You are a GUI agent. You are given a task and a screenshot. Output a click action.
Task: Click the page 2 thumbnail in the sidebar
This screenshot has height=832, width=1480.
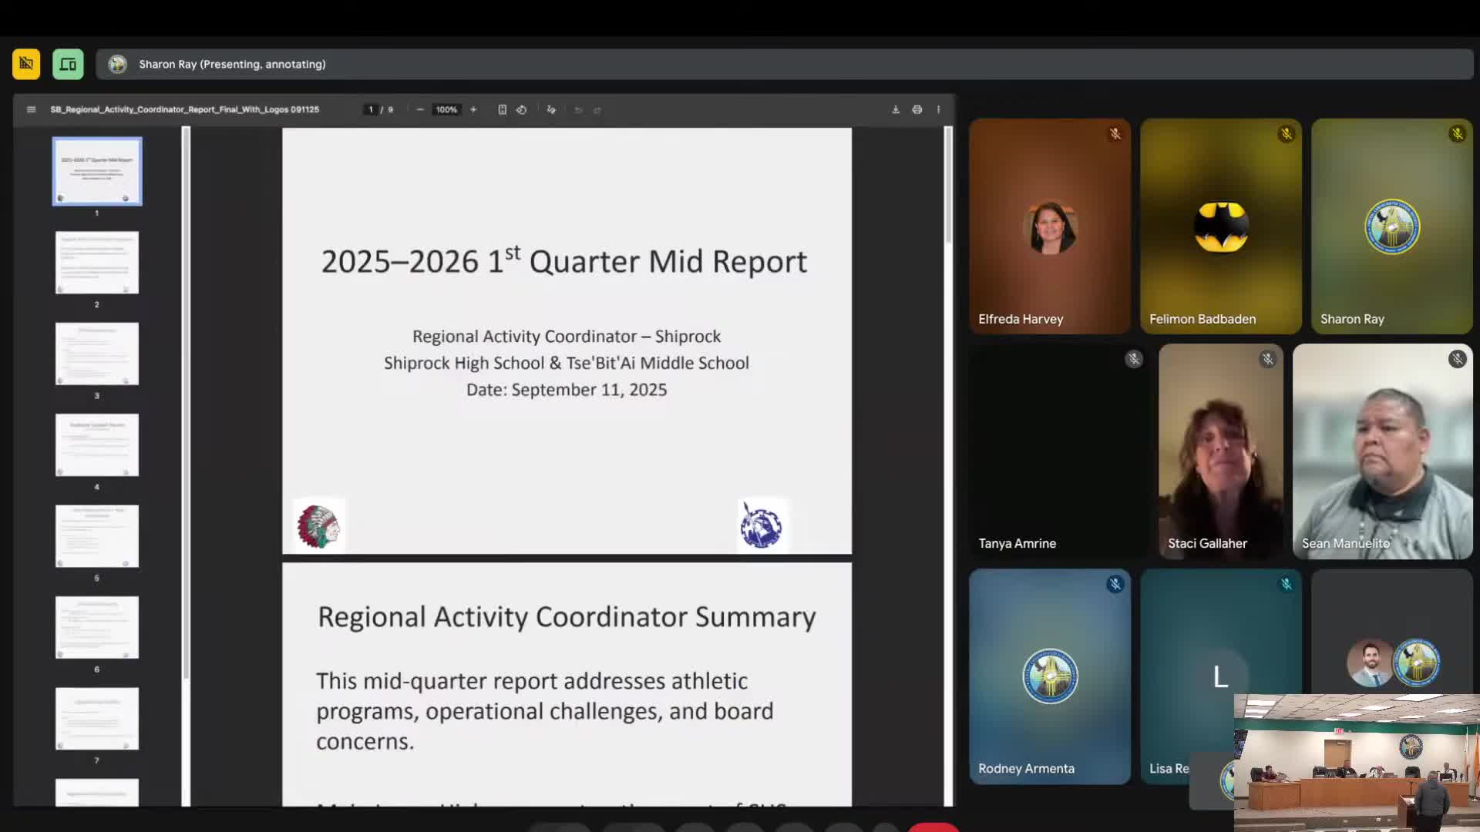tap(97, 263)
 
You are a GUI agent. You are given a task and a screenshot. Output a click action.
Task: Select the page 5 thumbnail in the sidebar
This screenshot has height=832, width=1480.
tap(97, 536)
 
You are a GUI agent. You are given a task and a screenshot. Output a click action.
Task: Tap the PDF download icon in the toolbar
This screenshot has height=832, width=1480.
tap(896, 109)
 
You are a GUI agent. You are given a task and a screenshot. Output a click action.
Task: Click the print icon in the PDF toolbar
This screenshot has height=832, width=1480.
tap(917, 109)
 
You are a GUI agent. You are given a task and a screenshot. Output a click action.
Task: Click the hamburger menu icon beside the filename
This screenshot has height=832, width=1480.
tap(31, 109)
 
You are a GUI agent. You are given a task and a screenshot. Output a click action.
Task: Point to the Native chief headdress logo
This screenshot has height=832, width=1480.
tap(318, 527)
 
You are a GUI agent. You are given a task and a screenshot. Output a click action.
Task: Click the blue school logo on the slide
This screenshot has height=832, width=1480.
tap(762, 526)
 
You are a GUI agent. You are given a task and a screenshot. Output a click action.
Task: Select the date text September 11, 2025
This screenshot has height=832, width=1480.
tap(589, 390)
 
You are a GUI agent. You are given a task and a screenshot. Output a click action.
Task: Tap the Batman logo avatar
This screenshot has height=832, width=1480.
tap(1221, 226)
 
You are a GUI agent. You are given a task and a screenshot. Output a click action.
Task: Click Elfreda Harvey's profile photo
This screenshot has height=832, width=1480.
tap(1050, 227)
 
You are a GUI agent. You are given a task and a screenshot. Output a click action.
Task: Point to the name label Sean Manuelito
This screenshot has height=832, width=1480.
tap(1346, 543)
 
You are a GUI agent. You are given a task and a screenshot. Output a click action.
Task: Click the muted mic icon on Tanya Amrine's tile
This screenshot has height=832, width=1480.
tap(1133, 359)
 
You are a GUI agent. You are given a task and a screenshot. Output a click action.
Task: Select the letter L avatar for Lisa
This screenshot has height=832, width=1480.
tap(1220, 677)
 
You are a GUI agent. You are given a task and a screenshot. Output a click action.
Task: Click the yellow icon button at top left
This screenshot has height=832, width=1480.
tap(26, 64)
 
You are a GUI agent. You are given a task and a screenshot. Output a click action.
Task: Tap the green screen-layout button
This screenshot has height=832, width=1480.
tap(68, 64)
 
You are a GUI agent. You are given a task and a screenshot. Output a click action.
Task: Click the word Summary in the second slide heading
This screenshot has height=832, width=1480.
tap(755, 617)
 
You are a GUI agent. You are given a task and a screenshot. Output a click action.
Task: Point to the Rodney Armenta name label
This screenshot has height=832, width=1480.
tap(1026, 768)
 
